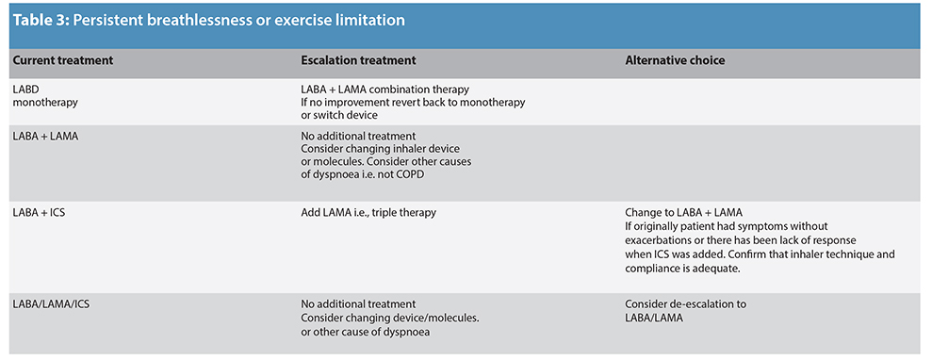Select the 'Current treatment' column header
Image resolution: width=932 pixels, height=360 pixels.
62,60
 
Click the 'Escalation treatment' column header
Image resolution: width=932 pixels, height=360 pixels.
357,60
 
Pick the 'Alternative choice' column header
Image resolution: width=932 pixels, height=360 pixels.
675,60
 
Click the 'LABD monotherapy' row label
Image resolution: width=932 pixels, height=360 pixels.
44,95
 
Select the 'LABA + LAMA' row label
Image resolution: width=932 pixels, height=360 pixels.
45,136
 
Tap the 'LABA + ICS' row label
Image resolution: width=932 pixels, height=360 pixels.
39,213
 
